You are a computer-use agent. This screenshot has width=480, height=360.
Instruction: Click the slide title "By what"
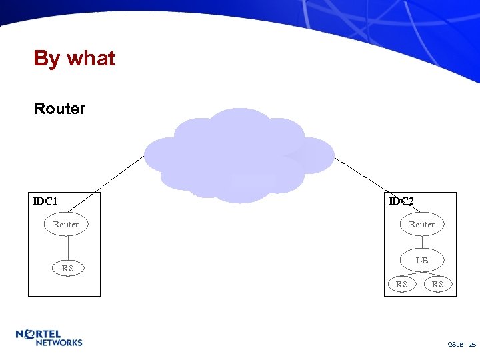[74, 59]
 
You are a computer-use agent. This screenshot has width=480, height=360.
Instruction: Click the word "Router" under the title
[60, 109]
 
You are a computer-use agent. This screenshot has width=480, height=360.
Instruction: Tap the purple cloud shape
[238, 156]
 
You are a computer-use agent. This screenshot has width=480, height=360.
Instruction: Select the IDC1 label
[45, 201]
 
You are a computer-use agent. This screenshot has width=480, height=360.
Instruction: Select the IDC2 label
[401, 201]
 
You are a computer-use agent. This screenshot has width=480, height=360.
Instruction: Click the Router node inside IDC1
[65, 225]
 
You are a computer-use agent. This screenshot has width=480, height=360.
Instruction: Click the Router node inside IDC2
[421, 225]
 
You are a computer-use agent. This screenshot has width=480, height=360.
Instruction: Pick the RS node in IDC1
[68, 269]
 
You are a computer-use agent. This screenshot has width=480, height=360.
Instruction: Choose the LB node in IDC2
[421, 260]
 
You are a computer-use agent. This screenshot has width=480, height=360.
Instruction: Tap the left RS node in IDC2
[402, 285]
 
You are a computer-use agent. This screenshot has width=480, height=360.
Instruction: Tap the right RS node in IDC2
[438, 285]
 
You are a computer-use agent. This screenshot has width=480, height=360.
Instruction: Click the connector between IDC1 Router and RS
[67, 246]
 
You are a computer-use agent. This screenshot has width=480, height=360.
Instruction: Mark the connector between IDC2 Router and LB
[421, 242]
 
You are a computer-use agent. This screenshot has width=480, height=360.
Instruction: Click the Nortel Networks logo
[49, 338]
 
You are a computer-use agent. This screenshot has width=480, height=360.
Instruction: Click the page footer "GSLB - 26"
[462, 345]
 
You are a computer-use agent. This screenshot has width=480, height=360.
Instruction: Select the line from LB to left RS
[409, 273]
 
